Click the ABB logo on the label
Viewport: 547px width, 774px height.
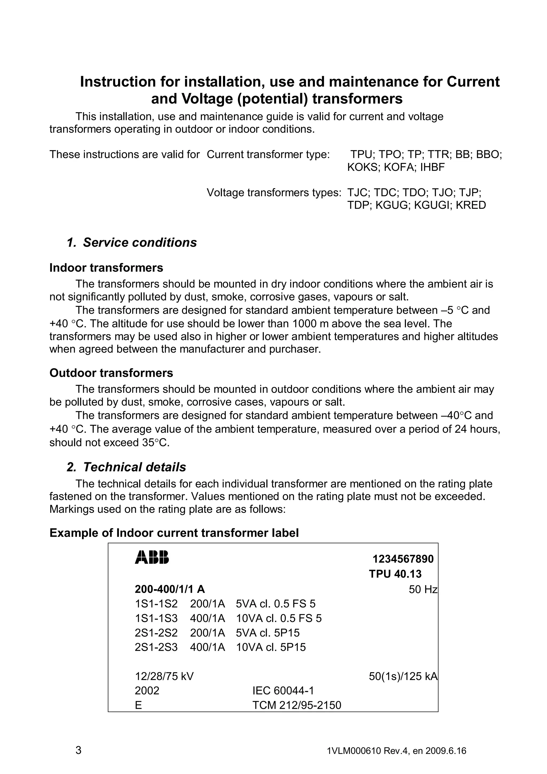tap(152, 557)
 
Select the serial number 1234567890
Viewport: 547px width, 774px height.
tap(403, 559)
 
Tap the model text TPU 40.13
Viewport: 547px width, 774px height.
tap(395, 574)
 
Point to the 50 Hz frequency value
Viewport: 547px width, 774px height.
tap(423, 589)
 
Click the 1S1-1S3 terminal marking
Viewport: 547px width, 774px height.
tap(156, 618)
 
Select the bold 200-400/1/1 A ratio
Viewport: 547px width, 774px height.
tap(170, 589)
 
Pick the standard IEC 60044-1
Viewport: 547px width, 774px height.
tap(283, 691)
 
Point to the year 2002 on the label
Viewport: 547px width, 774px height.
tap(147, 691)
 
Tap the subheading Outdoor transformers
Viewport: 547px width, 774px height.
tap(111, 373)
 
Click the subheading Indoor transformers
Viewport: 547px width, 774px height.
tap(106, 268)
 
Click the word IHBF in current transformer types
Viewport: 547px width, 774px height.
tap(432, 167)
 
